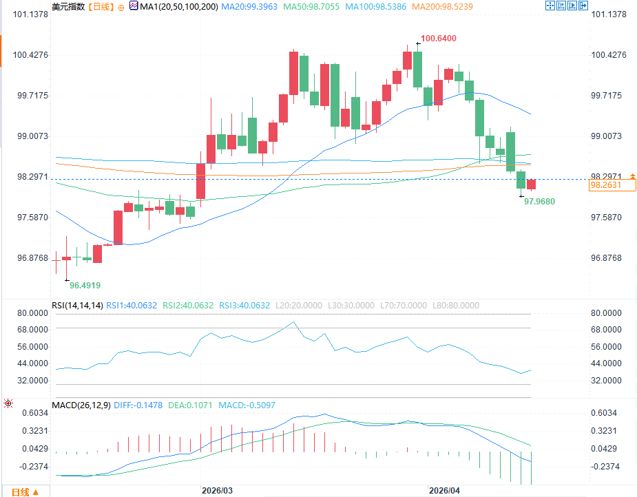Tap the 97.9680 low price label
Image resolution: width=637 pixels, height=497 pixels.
coord(539,201)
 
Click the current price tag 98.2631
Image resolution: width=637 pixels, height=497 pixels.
coord(605,185)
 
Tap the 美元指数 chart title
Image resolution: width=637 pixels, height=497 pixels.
coord(68,6)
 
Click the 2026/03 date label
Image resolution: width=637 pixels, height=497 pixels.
coord(217,490)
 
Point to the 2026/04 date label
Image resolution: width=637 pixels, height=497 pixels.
coord(443,490)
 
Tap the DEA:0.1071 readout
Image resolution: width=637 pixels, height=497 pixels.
coord(190,405)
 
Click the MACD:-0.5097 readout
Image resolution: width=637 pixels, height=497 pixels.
coord(247,405)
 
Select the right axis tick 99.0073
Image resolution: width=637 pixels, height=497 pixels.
coord(608,136)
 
